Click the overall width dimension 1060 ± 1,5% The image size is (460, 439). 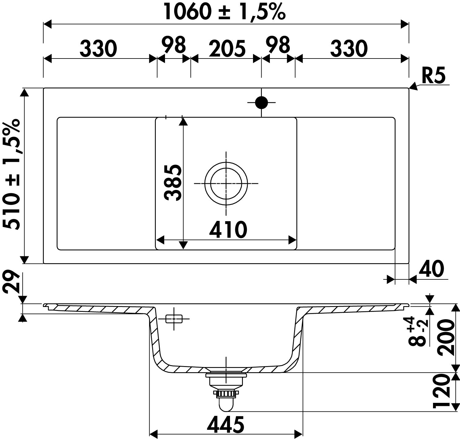pos(224,12)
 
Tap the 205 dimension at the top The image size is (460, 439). pos(227,48)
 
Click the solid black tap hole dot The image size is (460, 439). pos(262,103)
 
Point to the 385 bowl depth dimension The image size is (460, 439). pos(173,183)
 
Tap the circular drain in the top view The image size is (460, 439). pos(226,184)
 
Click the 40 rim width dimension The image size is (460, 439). pos(431,269)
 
